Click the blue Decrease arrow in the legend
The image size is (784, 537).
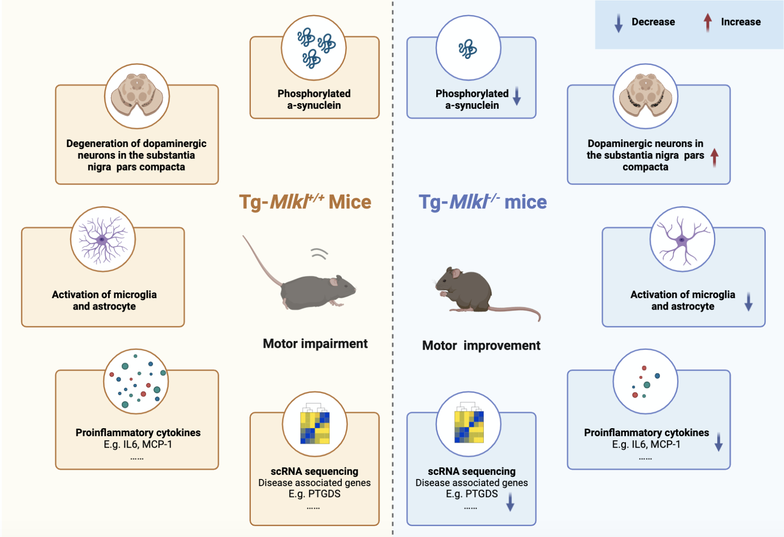point(618,23)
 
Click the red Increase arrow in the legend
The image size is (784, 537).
point(707,22)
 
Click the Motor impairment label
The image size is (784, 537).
point(315,343)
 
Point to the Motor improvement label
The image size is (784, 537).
point(481,345)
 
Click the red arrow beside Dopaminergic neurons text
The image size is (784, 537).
point(714,157)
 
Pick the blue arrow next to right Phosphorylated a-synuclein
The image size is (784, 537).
point(517,96)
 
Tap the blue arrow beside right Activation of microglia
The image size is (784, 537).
point(748,301)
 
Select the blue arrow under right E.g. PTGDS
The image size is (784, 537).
point(510,502)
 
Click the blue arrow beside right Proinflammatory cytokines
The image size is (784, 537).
point(718,442)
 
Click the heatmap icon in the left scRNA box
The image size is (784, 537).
point(315,427)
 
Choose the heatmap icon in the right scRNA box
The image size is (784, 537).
point(469,426)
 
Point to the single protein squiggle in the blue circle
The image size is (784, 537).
point(468,49)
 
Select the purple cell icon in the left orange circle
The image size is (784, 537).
point(103,239)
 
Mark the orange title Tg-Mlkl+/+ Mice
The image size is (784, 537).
point(305,202)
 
